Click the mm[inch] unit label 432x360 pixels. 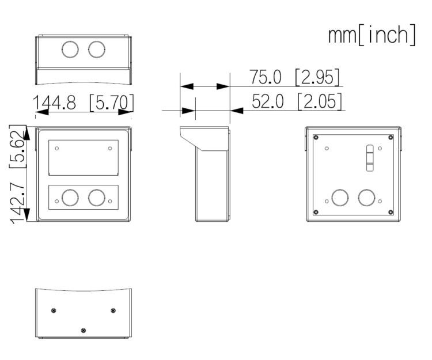372,35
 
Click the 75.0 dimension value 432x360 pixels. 266,77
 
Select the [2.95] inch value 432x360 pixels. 317,77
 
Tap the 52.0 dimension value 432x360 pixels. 267,101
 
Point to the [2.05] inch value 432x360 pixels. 320,101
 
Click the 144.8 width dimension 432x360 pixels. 54,103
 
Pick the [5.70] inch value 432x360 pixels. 112,103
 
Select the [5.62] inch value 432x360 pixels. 18,146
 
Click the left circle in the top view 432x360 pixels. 70,50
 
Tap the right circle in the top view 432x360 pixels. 97,50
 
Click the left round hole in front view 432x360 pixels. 70,198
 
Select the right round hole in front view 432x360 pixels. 97,198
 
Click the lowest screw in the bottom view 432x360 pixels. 84,330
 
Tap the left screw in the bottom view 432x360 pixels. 54,310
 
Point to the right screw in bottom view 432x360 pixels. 113,310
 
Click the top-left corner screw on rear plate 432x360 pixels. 316,138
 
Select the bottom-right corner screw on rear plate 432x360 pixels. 391,212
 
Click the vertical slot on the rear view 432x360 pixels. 369,158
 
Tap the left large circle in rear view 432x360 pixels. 340,198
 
